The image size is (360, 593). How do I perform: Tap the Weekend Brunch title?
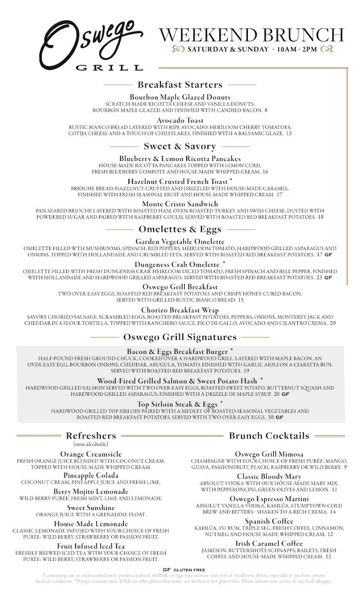coord(251,35)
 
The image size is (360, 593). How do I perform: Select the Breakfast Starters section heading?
coord(180,85)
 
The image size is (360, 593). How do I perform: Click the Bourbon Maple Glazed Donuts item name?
coord(180,97)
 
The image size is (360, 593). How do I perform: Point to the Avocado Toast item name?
coord(180,121)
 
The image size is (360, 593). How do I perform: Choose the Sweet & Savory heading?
coord(180,146)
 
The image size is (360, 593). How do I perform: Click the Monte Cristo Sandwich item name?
coord(180,204)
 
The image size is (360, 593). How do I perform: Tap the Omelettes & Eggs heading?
coord(180,229)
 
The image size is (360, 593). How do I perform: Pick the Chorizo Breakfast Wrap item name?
coord(180,310)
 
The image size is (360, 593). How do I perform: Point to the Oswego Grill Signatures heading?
coord(180,338)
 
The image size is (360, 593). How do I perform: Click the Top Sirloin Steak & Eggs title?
coord(177,404)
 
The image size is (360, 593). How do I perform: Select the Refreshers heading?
coord(91,435)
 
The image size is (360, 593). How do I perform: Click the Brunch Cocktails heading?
coord(269,435)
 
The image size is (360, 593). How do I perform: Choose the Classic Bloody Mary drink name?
coord(269,476)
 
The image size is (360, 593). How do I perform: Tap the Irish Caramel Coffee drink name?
coord(269,544)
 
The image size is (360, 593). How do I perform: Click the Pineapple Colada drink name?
coord(91,475)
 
